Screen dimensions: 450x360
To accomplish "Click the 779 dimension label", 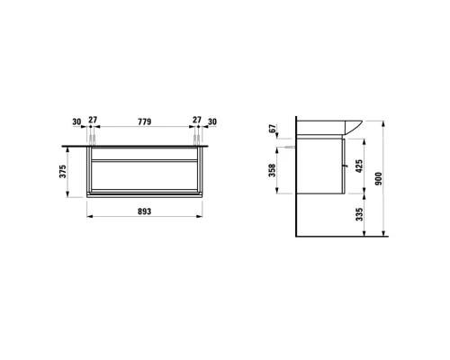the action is tap(144, 121).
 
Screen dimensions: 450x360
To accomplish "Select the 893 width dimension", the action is tap(144, 211).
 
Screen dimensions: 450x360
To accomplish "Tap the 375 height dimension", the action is tap(62, 171).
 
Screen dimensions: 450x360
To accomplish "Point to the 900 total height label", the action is tap(379, 178).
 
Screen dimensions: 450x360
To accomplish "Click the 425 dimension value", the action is tap(359, 166).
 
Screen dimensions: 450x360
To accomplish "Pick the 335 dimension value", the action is tap(359, 214).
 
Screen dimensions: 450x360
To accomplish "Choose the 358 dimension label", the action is tap(272, 170).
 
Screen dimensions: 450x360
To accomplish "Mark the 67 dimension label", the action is tap(272, 129).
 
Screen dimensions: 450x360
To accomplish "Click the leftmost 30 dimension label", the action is tap(76, 121).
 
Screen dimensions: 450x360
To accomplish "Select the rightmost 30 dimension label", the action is tap(212, 121).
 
